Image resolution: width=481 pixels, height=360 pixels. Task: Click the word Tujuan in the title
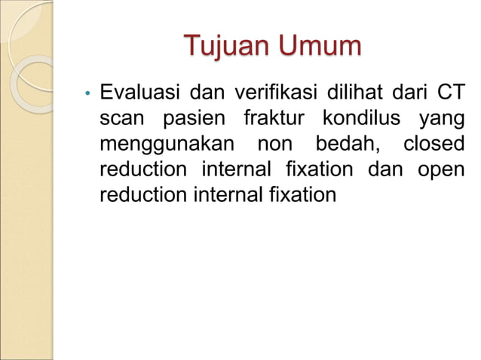tap(228, 47)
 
